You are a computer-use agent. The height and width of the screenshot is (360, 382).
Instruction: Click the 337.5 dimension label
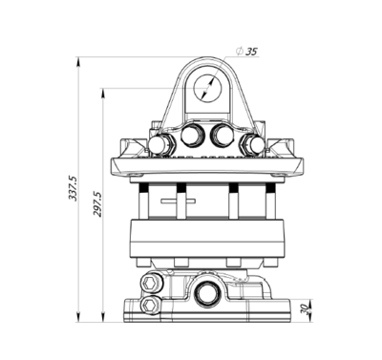(73, 188)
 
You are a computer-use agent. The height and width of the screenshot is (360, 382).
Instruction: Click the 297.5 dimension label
(97, 204)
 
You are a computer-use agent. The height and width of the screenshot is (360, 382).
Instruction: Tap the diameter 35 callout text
(246, 52)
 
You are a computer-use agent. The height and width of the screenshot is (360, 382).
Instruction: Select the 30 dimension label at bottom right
(304, 309)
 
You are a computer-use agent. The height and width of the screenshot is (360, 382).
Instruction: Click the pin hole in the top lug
(207, 88)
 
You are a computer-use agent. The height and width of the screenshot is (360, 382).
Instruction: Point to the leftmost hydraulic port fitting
(161, 145)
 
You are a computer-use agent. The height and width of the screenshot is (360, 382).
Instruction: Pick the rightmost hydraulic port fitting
(254, 145)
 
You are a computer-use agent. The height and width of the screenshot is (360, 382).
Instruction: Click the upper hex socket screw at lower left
(150, 283)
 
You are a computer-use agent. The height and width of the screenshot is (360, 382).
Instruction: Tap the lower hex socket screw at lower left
(150, 306)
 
